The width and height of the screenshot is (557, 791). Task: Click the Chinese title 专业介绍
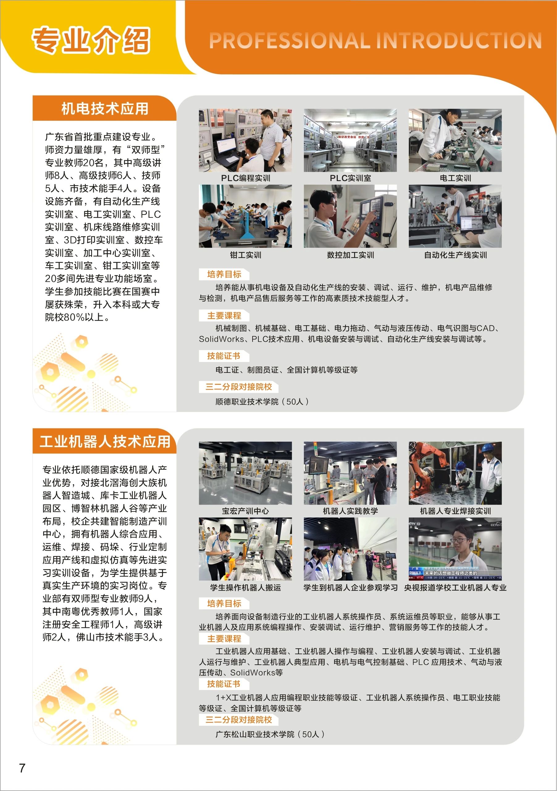pos(91,40)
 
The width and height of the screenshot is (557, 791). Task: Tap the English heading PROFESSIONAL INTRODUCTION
pos(375,41)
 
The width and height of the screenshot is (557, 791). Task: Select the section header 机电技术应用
pos(105,108)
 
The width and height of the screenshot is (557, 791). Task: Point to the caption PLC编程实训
pos(245,178)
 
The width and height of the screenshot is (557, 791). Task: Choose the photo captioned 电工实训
pos(455,140)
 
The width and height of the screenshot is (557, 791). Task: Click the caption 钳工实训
pos(245,255)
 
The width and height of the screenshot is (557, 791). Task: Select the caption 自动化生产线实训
pos(455,255)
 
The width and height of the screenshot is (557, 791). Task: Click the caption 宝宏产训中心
pos(245,511)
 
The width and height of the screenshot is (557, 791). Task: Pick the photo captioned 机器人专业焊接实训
pos(455,473)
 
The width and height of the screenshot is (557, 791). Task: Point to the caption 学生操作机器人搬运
pos(245,587)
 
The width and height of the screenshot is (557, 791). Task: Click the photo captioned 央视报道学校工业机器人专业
pos(455,549)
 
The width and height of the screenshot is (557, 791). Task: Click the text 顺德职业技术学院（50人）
pos(262,402)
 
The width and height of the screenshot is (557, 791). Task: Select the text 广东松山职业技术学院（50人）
pos(270,734)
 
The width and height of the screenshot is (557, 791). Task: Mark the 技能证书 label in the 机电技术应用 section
pos(224,356)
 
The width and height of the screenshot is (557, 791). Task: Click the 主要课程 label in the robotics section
pos(224,639)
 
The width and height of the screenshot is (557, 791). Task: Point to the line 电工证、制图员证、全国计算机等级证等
pos(286,370)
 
